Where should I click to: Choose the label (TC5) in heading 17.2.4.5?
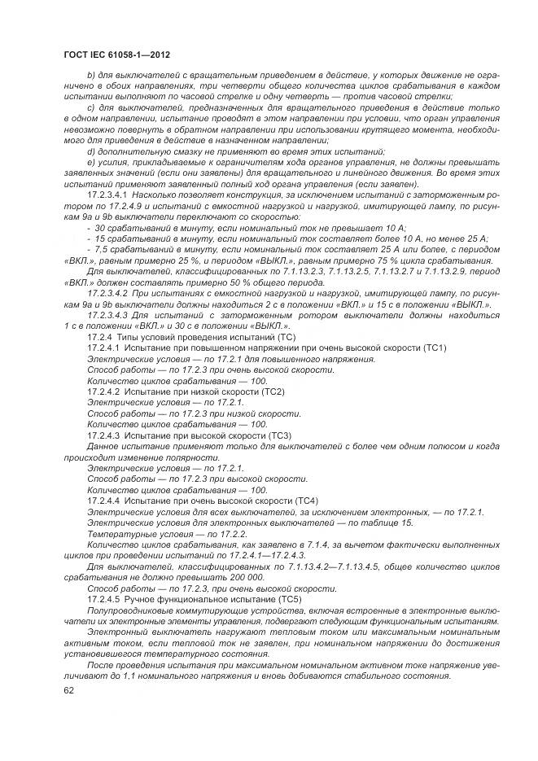pos(284,598)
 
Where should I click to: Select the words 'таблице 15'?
pos(391,523)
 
